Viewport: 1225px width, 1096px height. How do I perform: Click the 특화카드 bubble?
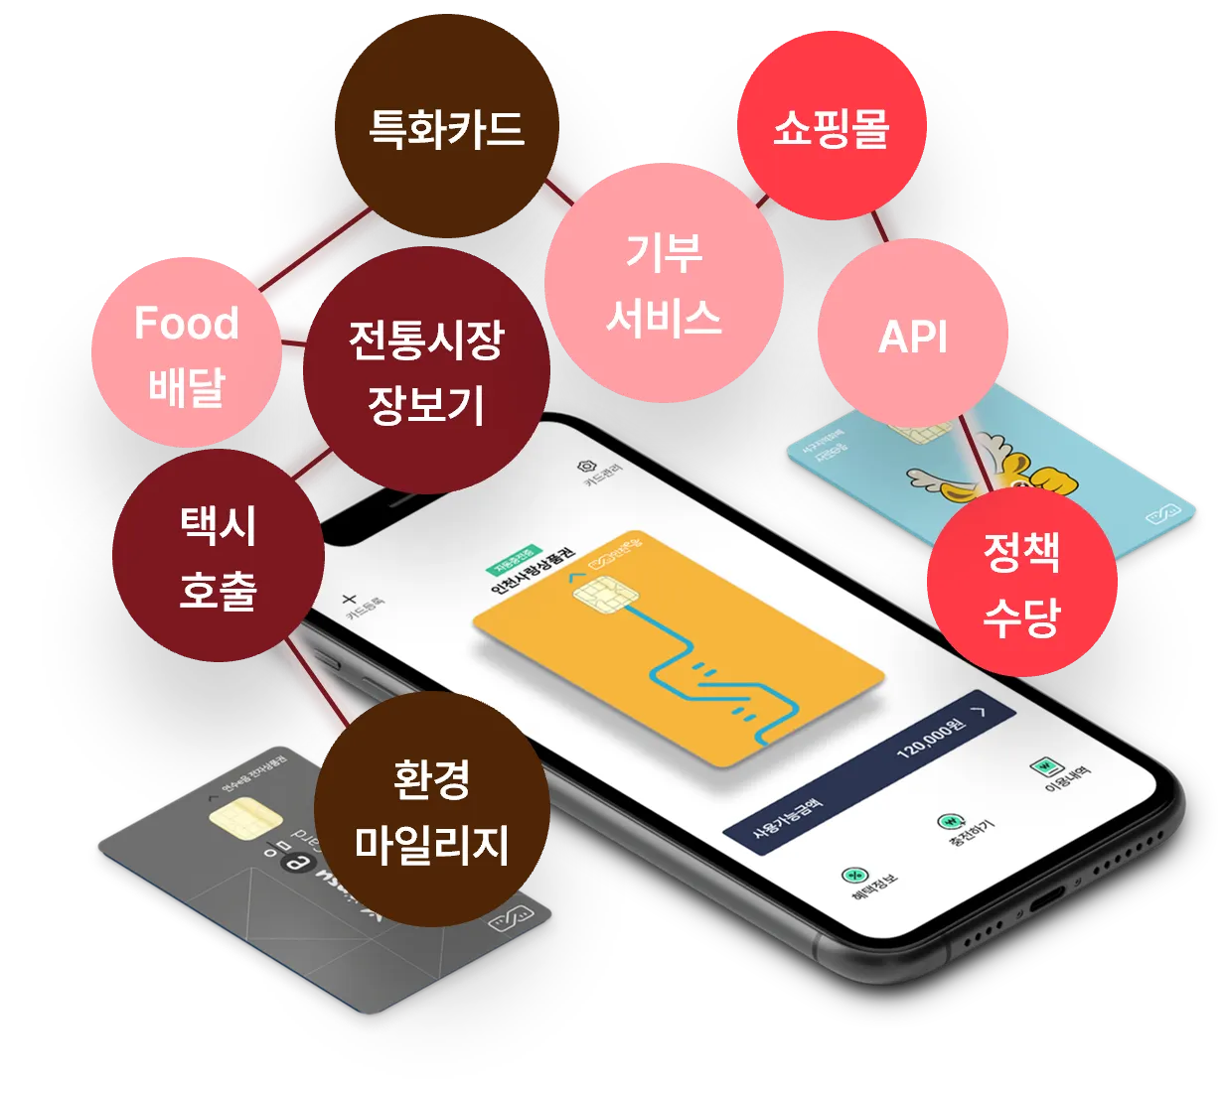pos(446,127)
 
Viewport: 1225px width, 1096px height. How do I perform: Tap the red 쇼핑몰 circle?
pos(832,126)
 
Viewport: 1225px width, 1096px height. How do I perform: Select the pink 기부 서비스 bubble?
pos(664,283)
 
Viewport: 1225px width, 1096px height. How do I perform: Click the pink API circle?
pos(913,336)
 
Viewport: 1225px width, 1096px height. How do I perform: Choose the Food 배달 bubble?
pos(186,353)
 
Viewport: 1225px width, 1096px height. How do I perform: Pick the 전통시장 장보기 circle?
pos(426,370)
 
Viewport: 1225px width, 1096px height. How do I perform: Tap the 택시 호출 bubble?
pos(218,556)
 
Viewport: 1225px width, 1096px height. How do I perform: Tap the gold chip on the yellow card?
pos(605,598)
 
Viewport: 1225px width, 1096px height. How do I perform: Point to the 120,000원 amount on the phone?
pos(930,737)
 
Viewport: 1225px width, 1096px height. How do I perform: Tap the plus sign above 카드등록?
pos(349,599)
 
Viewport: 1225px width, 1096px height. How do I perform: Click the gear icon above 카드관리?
pos(585,466)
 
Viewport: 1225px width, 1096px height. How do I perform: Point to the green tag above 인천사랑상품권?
pos(514,559)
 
